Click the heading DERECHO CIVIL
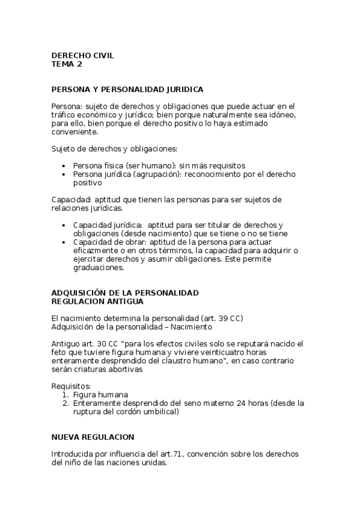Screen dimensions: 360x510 82,55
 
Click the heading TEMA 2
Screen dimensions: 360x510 67,64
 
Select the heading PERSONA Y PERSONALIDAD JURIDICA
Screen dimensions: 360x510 127,89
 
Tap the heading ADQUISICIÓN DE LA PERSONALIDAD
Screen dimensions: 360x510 125,292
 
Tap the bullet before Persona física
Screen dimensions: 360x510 64,166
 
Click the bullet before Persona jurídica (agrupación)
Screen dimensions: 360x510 64,174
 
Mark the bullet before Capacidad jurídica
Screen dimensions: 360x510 64,225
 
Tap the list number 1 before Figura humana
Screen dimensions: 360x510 65,394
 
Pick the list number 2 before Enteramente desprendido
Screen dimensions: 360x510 65,403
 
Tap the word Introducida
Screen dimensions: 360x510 73,453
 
